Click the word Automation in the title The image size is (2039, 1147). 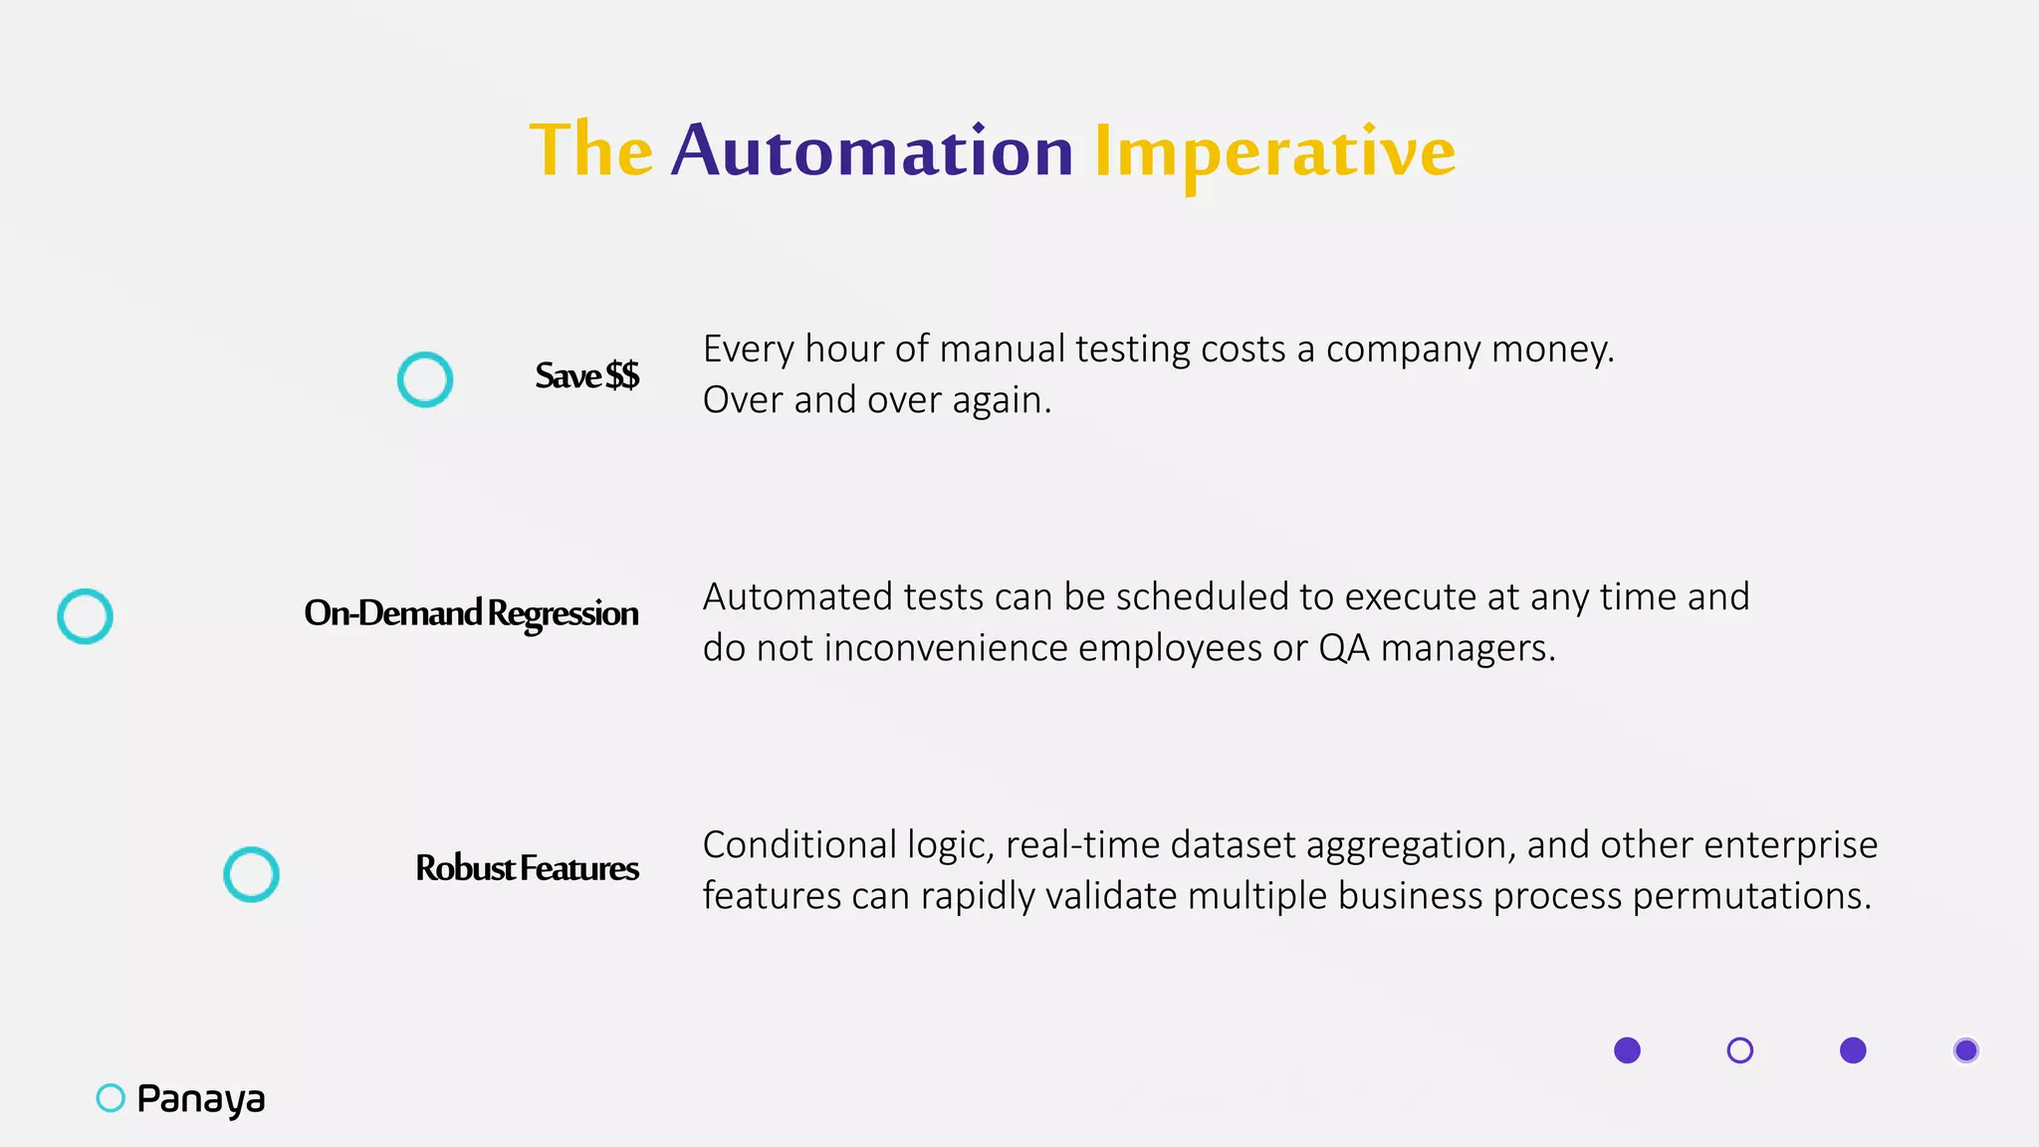click(872, 151)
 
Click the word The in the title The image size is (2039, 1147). click(590, 150)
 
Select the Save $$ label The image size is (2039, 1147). click(586, 376)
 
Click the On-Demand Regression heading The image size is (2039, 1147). click(471, 613)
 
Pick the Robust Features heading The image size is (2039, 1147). click(527, 868)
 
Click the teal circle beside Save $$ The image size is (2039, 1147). click(425, 379)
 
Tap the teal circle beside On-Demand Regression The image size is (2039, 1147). click(86, 616)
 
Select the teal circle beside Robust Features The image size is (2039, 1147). click(251, 874)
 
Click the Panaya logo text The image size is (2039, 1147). click(201, 1098)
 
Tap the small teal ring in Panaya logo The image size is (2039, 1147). click(111, 1097)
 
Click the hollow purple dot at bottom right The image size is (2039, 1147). click(1739, 1050)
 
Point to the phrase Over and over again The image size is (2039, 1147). click(876, 400)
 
